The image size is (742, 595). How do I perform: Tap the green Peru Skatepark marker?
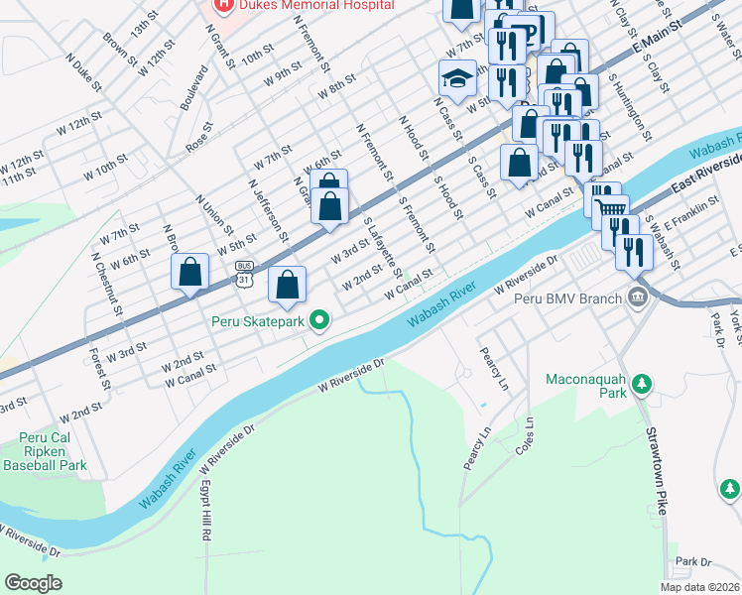tap(318, 321)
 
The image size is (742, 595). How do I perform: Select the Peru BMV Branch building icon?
tap(637, 297)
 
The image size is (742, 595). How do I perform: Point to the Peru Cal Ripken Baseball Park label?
tap(46, 451)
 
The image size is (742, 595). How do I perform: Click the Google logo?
tap(33, 582)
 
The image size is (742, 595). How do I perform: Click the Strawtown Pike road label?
tap(656, 471)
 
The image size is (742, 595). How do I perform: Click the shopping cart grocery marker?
tap(610, 206)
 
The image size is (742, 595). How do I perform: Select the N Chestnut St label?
tap(106, 284)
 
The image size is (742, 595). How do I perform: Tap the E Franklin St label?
tap(690, 215)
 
